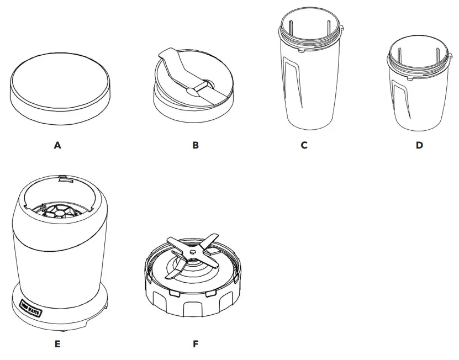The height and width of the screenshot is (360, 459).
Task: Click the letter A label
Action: tap(57, 145)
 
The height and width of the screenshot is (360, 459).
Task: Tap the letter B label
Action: tap(196, 145)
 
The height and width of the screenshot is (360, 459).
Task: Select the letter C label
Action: tap(304, 145)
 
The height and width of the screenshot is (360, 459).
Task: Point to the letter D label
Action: tap(419, 145)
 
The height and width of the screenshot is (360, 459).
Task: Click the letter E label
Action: tap(57, 344)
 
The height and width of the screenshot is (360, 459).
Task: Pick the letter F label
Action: tap(195, 344)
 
